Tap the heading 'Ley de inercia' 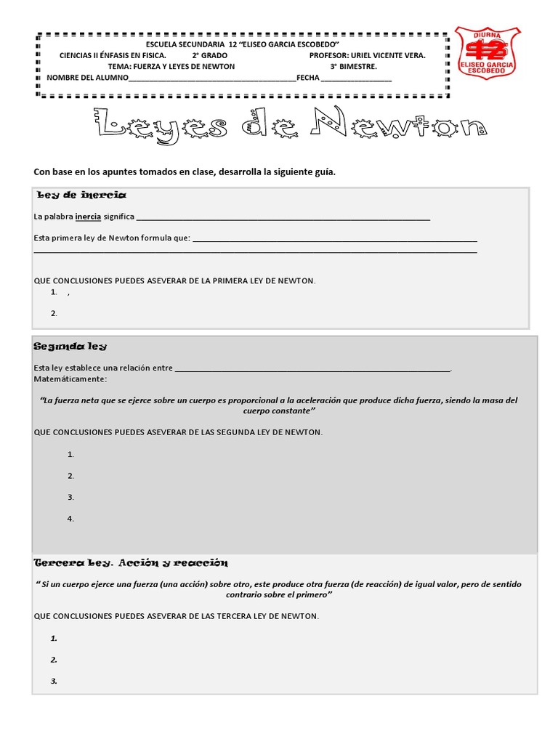(81, 195)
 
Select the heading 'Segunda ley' (71, 346)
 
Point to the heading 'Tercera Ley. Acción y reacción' (132, 563)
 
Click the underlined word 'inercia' (88, 217)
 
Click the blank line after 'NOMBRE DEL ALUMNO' (212, 79)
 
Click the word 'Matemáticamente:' (70, 379)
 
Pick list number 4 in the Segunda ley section (71, 519)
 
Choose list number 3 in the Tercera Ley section (54, 681)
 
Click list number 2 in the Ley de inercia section (54, 313)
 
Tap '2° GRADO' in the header (210, 55)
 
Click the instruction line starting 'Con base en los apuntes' (185, 171)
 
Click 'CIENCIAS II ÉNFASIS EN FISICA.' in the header (113, 55)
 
